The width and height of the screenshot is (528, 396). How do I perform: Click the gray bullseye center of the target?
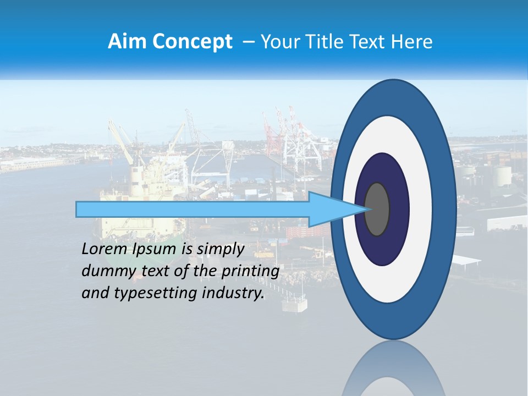(x=377, y=209)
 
